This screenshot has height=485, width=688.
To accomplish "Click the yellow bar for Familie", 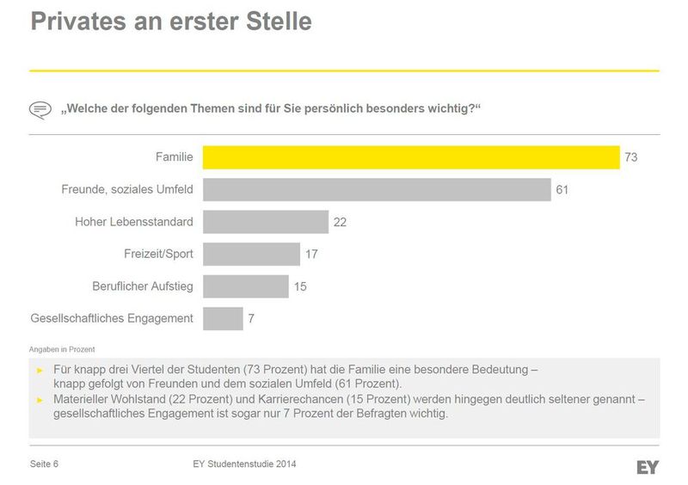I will point(411,157).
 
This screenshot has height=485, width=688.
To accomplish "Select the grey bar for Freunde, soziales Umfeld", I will point(377,189).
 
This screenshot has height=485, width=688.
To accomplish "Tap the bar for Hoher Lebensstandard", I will point(266,222).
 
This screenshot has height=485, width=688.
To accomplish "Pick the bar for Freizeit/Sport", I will point(251,254).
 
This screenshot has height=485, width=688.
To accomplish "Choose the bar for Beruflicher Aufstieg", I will point(245,286).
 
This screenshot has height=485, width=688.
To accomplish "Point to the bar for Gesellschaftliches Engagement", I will point(223,318).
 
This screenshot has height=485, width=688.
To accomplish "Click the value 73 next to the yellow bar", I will point(631,157).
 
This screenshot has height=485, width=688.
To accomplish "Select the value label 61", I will point(562,189).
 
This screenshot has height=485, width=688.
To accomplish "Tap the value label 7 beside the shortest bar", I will point(251,319).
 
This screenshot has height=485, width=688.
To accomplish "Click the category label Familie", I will point(174,157).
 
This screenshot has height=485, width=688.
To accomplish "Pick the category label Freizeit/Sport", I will point(158,254).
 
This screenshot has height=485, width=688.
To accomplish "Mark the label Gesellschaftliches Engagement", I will point(112,318).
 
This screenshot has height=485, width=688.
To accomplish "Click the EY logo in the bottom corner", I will point(648,467).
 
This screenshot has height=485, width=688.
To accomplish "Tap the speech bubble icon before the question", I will point(40,109).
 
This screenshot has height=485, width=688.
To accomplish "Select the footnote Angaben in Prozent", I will point(62,349).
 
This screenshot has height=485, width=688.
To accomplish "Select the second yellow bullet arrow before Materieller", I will point(39,400).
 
